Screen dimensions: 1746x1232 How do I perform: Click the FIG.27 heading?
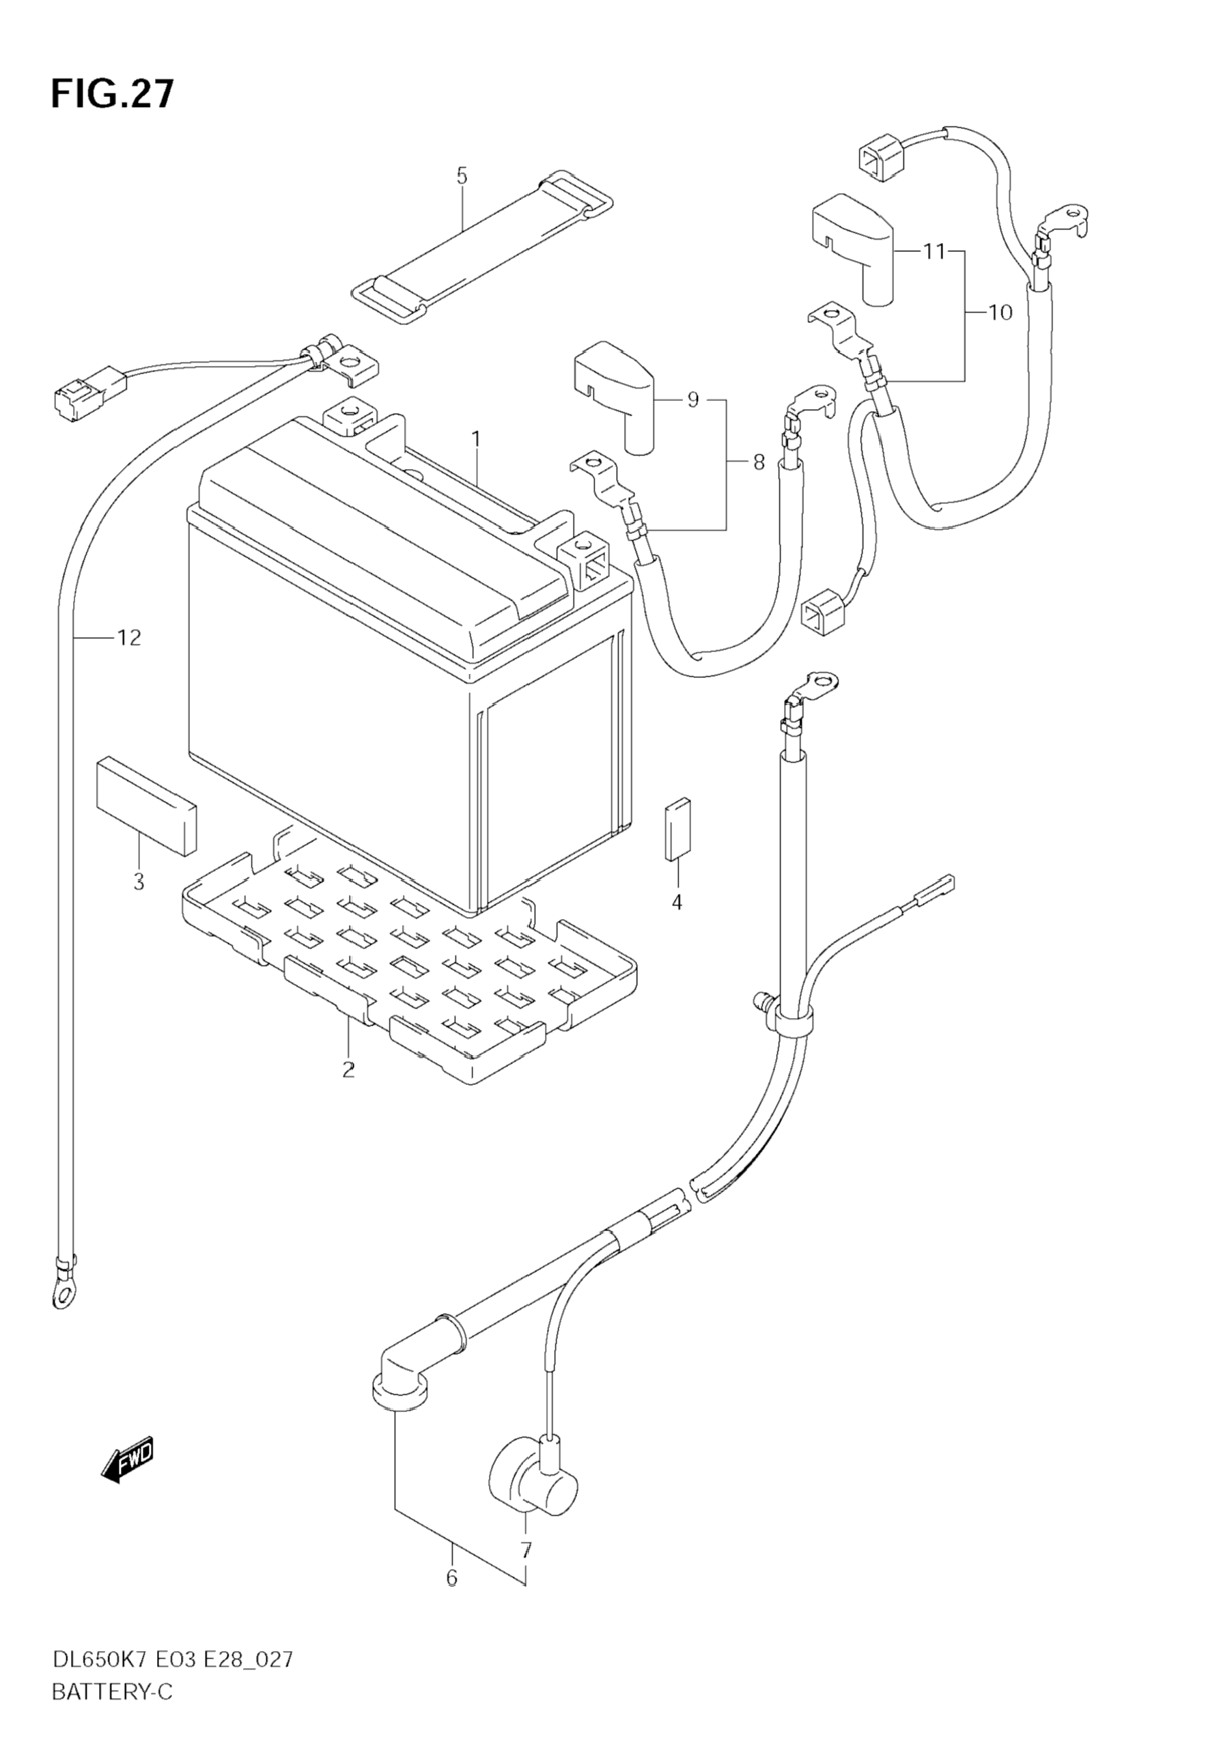click(x=112, y=94)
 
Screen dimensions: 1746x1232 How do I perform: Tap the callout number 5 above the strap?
click(x=462, y=175)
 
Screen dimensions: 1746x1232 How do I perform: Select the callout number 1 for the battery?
click(x=476, y=439)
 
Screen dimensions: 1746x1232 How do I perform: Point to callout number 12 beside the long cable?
click(x=129, y=637)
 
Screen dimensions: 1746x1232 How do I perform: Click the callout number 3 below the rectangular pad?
click(x=139, y=882)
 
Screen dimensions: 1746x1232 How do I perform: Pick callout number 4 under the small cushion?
click(x=676, y=902)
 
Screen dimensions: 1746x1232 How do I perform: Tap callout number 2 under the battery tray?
click(x=348, y=1070)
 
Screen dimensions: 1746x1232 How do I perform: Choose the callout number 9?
click(x=692, y=400)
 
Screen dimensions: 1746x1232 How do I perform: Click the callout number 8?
click(x=758, y=462)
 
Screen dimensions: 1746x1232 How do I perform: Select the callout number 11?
click(x=934, y=251)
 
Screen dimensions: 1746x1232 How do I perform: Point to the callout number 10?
click(x=1000, y=312)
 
